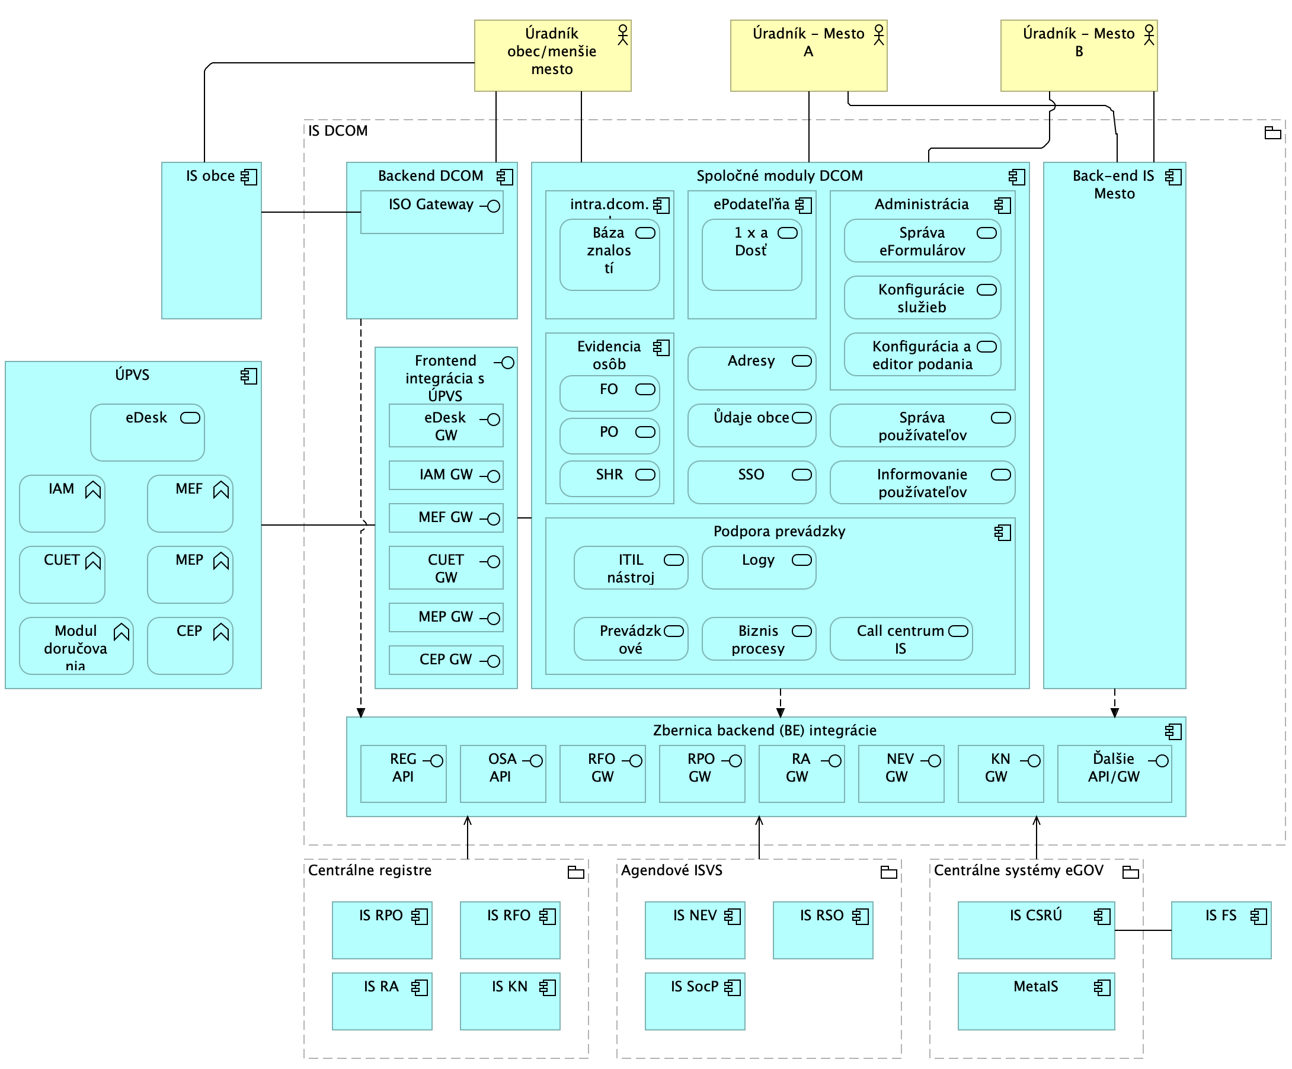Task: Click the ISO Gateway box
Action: [431, 212]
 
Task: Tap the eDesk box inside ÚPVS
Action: [147, 433]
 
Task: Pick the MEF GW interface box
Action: [446, 518]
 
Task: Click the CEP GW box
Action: [446, 660]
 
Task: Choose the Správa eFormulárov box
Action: [922, 241]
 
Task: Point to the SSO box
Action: [751, 482]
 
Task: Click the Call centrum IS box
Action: [901, 639]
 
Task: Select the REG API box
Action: [403, 774]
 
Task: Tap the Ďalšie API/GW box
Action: [1114, 774]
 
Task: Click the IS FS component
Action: [1221, 930]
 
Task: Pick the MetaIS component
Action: [1036, 1001]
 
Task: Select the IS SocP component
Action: [695, 1001]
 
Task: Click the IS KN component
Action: [510, 1001]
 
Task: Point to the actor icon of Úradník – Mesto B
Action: [1149, 35]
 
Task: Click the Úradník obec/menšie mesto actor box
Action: [552, 55]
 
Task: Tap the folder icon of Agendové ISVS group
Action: [888, 872]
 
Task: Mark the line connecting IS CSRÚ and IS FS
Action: [1143, 930]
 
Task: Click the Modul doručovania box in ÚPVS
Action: [76, 646]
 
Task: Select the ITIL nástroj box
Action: [631, 568]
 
